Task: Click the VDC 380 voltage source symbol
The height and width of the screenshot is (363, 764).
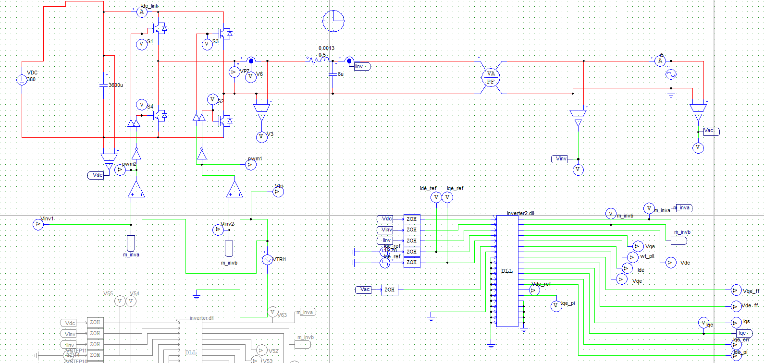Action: tap(22, 80)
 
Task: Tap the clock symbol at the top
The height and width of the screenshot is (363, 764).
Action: tap(333, 21)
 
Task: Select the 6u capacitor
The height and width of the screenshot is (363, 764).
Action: tap(333, 74)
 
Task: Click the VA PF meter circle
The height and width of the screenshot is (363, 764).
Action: tap(491, 77)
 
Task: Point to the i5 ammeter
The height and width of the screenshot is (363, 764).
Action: tap(660, 61)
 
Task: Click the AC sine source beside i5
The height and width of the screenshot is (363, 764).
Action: tap(671, 74)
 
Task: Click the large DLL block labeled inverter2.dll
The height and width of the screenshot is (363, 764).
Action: tap(507, 271)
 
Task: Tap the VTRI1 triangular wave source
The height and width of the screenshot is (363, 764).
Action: tap(267, 260)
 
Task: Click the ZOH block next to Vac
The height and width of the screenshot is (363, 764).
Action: tap(389, 290)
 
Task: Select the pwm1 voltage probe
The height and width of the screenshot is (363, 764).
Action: tap(250, 165)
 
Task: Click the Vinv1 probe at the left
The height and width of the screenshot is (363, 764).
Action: tap(38, 225)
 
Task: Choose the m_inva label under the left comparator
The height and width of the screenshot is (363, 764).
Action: tap(131, 242)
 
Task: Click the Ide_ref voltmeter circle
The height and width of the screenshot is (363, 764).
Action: tap(436, 197)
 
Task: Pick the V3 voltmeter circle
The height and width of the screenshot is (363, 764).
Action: tap(261, 137)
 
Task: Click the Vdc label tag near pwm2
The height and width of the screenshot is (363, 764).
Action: tap(97, 175)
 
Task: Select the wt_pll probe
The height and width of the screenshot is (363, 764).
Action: tap(632, 257)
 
